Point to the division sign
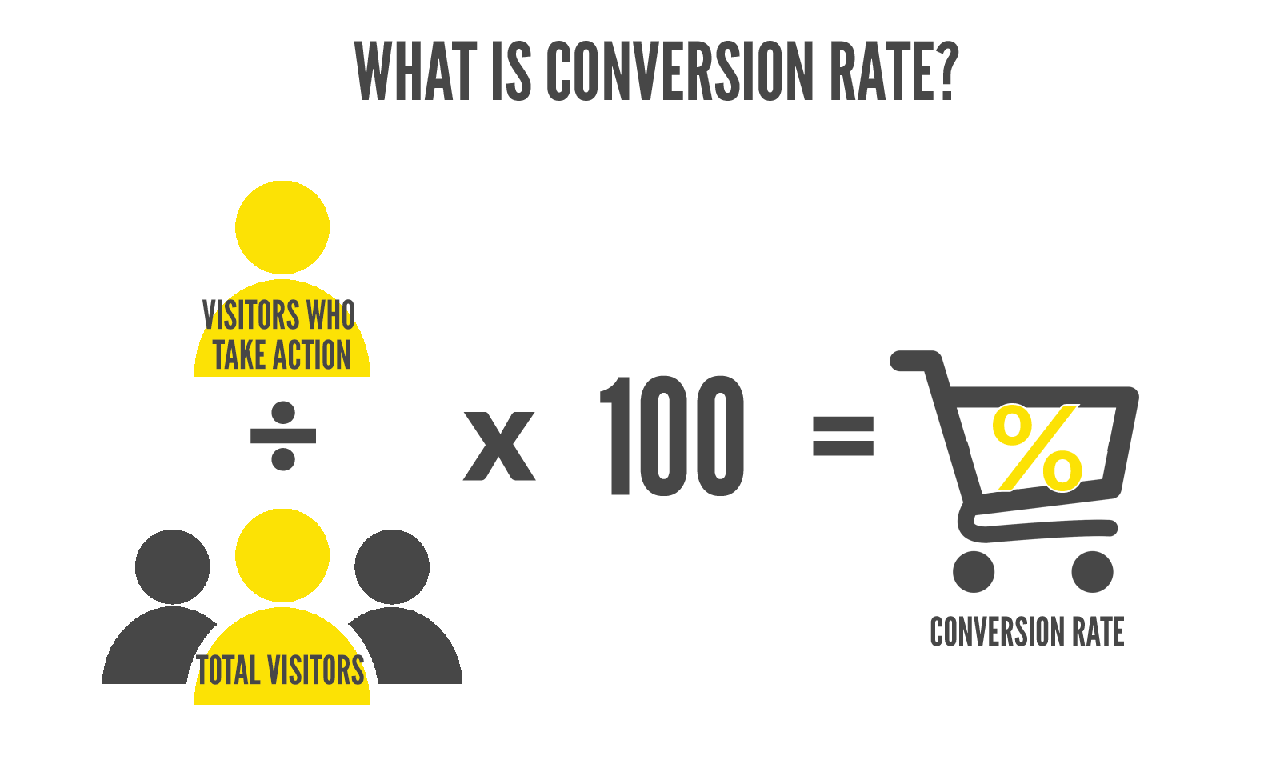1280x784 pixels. tap(283, 436)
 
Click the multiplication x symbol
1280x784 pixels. tap(499, 446)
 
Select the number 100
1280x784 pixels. tap(672, 436)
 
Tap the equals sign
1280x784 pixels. tap(843, 435)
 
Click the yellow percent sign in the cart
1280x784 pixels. tap(1037, 448)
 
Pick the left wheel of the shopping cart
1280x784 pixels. tap(974, 571)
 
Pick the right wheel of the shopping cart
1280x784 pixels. tap(1092, 571)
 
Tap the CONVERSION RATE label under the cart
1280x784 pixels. tap(1026, 632)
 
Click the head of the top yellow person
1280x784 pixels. tap(282, 227)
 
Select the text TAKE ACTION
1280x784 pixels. tap(282, 356)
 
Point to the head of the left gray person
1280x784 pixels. tap(173, 566)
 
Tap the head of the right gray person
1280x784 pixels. tap(392, 566)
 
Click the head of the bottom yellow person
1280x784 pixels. tap(282, 555)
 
